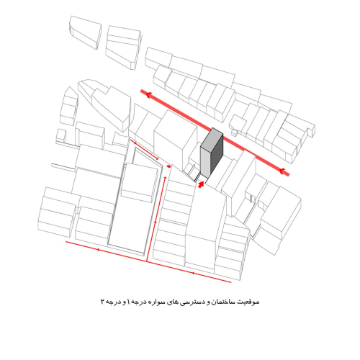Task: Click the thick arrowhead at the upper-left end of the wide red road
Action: point(148,94)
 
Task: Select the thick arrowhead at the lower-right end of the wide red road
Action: point(282,171)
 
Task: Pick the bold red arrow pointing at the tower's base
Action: point(201,184)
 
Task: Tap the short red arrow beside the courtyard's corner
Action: point(169,166)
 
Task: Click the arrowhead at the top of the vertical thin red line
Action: point(165,178)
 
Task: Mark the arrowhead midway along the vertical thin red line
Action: point(156,222)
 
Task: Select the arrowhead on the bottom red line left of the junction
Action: point(98,250)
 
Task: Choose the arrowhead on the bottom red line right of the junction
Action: point(193,273)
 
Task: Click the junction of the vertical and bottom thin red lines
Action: point(146,261)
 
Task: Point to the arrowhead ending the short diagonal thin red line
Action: point(157,158)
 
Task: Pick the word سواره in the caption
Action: point(157,302)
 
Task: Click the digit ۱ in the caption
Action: point(129,302)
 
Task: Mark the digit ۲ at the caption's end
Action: point(102,302)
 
